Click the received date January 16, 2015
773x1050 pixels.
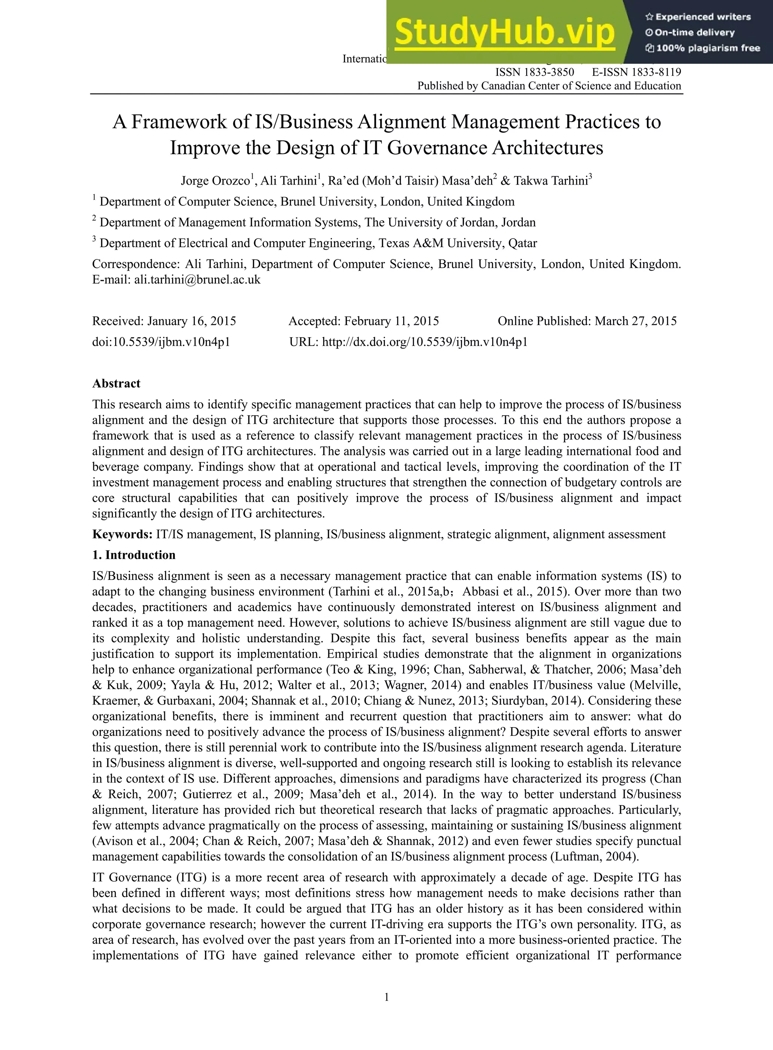(191, 321)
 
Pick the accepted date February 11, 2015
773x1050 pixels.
(391, 321)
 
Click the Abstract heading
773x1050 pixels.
(116, 383)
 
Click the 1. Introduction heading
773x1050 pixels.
(134, 555)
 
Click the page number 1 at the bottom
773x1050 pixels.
(386, 997)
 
